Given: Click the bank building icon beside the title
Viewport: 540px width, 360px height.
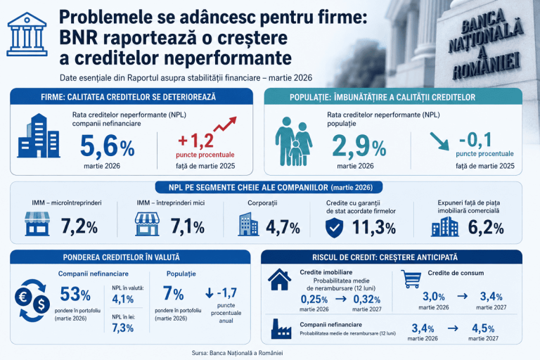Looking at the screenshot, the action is (27, 34).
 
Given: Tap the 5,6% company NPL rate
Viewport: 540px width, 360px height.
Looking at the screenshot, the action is (108, 146).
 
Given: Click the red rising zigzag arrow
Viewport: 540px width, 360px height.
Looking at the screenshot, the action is (225, 124).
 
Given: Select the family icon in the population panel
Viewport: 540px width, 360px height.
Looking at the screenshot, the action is (294, 141).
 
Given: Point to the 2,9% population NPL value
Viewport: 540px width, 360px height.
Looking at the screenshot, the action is (359, 146).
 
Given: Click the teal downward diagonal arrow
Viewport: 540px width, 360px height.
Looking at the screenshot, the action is (439, 141).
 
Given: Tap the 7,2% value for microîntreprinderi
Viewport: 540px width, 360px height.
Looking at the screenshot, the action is (79, 226).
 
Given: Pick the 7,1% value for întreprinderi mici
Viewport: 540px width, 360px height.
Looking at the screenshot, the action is (188, 226).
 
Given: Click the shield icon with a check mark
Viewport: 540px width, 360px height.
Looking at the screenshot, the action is (335, 227).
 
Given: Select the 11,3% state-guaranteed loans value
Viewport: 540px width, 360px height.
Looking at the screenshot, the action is (374, 227).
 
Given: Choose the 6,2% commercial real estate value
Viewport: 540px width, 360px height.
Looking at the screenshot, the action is (486, 227).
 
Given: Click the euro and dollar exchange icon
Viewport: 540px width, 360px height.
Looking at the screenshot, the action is (32, 300).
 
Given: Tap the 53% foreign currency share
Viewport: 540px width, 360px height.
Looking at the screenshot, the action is (75, 294).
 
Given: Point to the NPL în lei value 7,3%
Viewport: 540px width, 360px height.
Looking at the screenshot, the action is (122, 328).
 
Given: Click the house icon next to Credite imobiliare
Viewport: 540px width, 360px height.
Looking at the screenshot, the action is (279, 279).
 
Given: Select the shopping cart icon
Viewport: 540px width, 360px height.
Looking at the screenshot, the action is (411, 278).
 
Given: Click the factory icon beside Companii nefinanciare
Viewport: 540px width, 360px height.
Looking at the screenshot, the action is (281, 329).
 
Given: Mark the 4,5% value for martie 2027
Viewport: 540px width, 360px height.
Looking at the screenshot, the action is (483, 328).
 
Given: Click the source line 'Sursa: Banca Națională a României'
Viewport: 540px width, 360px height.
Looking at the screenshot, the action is (237, 353).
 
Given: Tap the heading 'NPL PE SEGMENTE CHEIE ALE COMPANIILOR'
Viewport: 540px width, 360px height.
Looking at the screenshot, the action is (248, 188).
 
